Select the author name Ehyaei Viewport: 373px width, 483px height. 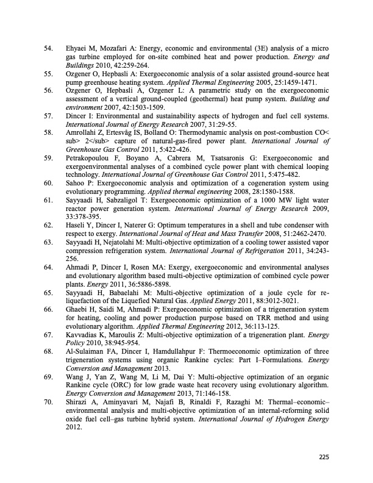79,47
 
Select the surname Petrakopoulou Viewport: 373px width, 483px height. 91,158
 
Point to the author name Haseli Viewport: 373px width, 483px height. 76,225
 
